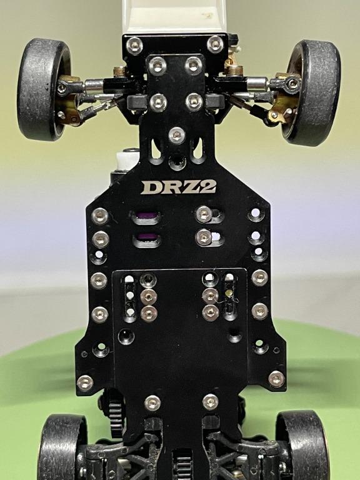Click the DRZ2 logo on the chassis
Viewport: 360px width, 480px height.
(179, 186)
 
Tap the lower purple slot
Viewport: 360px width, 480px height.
(146, 237)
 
